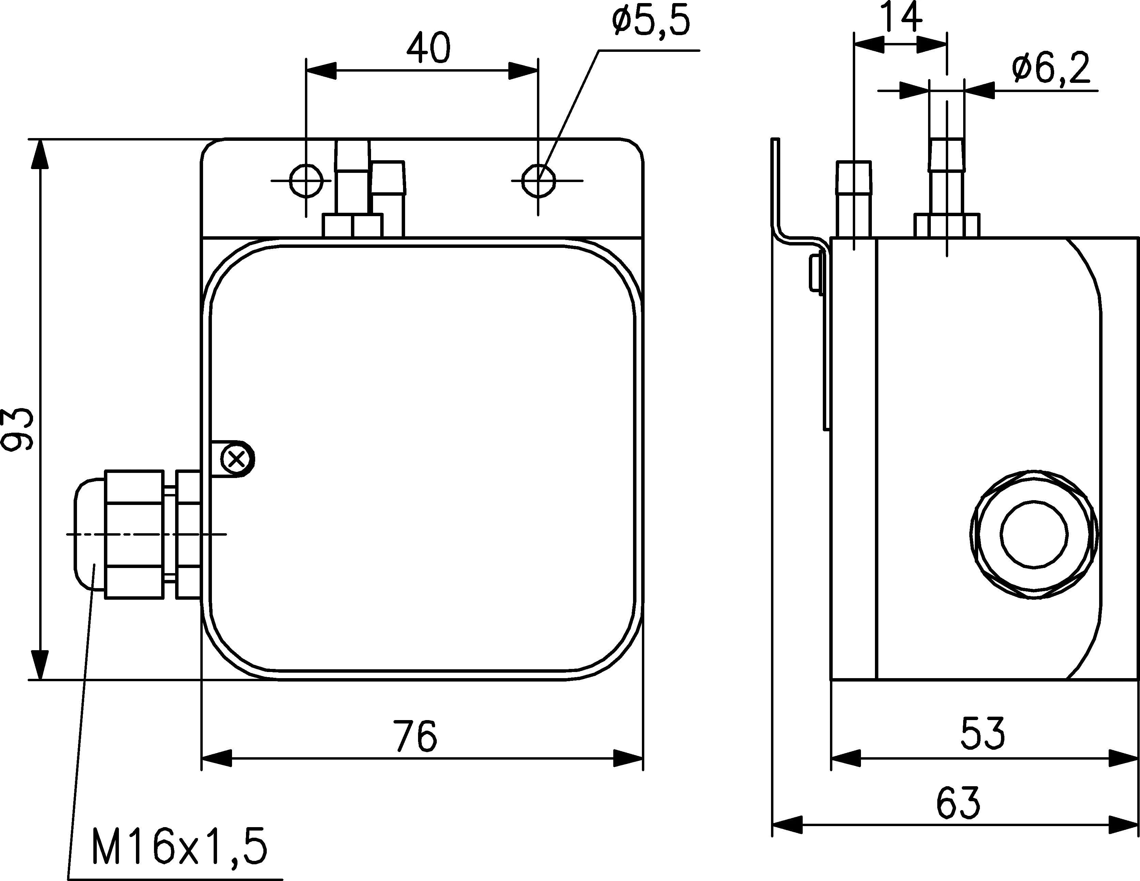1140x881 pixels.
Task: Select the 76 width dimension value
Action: pyautogui.click(x=416, y=736)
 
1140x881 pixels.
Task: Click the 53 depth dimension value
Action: pyautogui.click(x=982, y=733)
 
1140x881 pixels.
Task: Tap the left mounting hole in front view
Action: pyautogui.click(x=306, y=181)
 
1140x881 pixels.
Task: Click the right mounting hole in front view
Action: pyautogui.click(x=538, y=181)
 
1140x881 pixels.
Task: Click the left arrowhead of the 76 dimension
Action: pyautogui.click(x=216, y=758)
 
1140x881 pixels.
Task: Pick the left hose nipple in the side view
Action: pyautogui.click(x=854, y=199)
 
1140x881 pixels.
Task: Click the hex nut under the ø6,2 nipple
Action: pyautogui.click(x=947, y=226)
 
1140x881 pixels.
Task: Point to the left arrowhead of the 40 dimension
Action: pyautogui.click(x=321, y=71)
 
